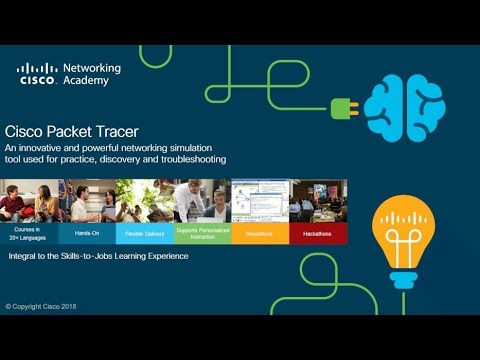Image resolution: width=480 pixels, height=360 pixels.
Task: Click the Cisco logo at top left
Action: pos(37,75)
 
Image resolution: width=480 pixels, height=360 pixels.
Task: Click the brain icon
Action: pos(403,104)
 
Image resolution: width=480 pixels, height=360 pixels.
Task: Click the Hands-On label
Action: pos(87,233)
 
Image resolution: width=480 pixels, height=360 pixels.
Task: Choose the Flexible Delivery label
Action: pos(144,233)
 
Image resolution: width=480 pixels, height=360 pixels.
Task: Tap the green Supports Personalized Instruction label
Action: pos(202,233)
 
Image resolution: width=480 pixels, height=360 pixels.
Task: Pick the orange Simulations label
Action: pos(260,233)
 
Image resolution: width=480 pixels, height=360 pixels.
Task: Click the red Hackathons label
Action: pos(318,233)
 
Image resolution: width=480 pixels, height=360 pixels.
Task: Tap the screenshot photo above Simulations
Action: pos(260,200)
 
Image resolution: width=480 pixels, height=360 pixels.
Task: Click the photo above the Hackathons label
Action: pos(318,200)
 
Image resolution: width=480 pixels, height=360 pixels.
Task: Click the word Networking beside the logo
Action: pos(92,69)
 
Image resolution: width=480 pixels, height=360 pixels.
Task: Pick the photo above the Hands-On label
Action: pos(87,200)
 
